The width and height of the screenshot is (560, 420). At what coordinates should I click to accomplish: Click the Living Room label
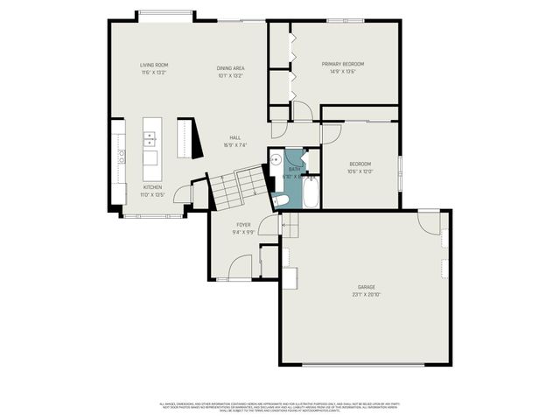click(154, 65)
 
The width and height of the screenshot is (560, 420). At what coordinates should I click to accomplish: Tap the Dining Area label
click(230, 67)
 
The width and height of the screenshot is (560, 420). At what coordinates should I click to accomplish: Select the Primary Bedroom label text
click(342, 64)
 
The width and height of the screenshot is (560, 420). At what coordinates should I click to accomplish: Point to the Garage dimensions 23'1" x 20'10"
click(366, 293)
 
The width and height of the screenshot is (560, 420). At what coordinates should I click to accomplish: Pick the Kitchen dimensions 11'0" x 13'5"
click(153, 193)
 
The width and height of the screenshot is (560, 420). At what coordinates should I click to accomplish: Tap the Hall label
click(234, 137)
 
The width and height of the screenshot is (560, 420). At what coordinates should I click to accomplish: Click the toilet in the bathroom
click(280, 201)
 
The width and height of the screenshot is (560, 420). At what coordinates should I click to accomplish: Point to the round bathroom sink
click(275, 160)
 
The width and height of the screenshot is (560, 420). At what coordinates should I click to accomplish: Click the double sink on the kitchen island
click(150, 138)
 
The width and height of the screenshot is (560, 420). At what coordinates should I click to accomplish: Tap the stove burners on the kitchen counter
click(121, 157)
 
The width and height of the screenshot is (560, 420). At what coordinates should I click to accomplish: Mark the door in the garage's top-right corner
click(429, 222)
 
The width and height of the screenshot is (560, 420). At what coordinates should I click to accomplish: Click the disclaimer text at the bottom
click(280, 406)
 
